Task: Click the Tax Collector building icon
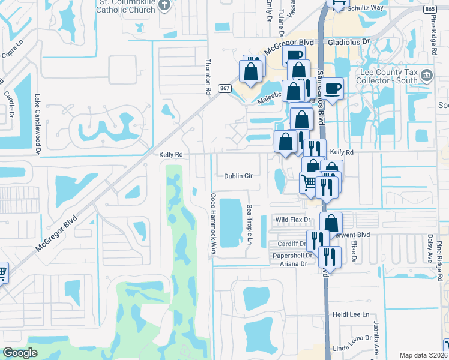click(427, 75)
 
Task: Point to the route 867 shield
click(224, 88)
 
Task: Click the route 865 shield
click(429, 9)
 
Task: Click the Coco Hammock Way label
click(212, 224)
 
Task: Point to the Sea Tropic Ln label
click(249, 225)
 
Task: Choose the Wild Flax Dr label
click(291, 220)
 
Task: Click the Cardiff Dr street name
click(292, 244)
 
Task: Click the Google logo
click(20, 353)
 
